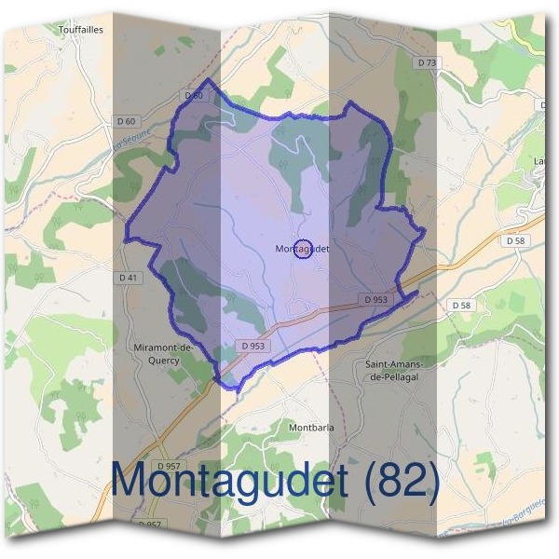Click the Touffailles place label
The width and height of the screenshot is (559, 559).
80,30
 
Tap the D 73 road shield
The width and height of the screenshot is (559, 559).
428,62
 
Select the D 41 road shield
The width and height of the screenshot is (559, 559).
129,278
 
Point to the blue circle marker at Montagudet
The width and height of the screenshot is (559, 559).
303,249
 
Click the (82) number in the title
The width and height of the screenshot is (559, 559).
402,479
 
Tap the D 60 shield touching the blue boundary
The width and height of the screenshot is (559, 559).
194,95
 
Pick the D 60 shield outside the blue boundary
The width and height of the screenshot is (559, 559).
128,121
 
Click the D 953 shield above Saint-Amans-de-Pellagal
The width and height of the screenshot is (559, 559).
374,300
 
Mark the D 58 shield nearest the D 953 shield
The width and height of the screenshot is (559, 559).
461,306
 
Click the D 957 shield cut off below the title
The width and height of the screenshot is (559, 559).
149,525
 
